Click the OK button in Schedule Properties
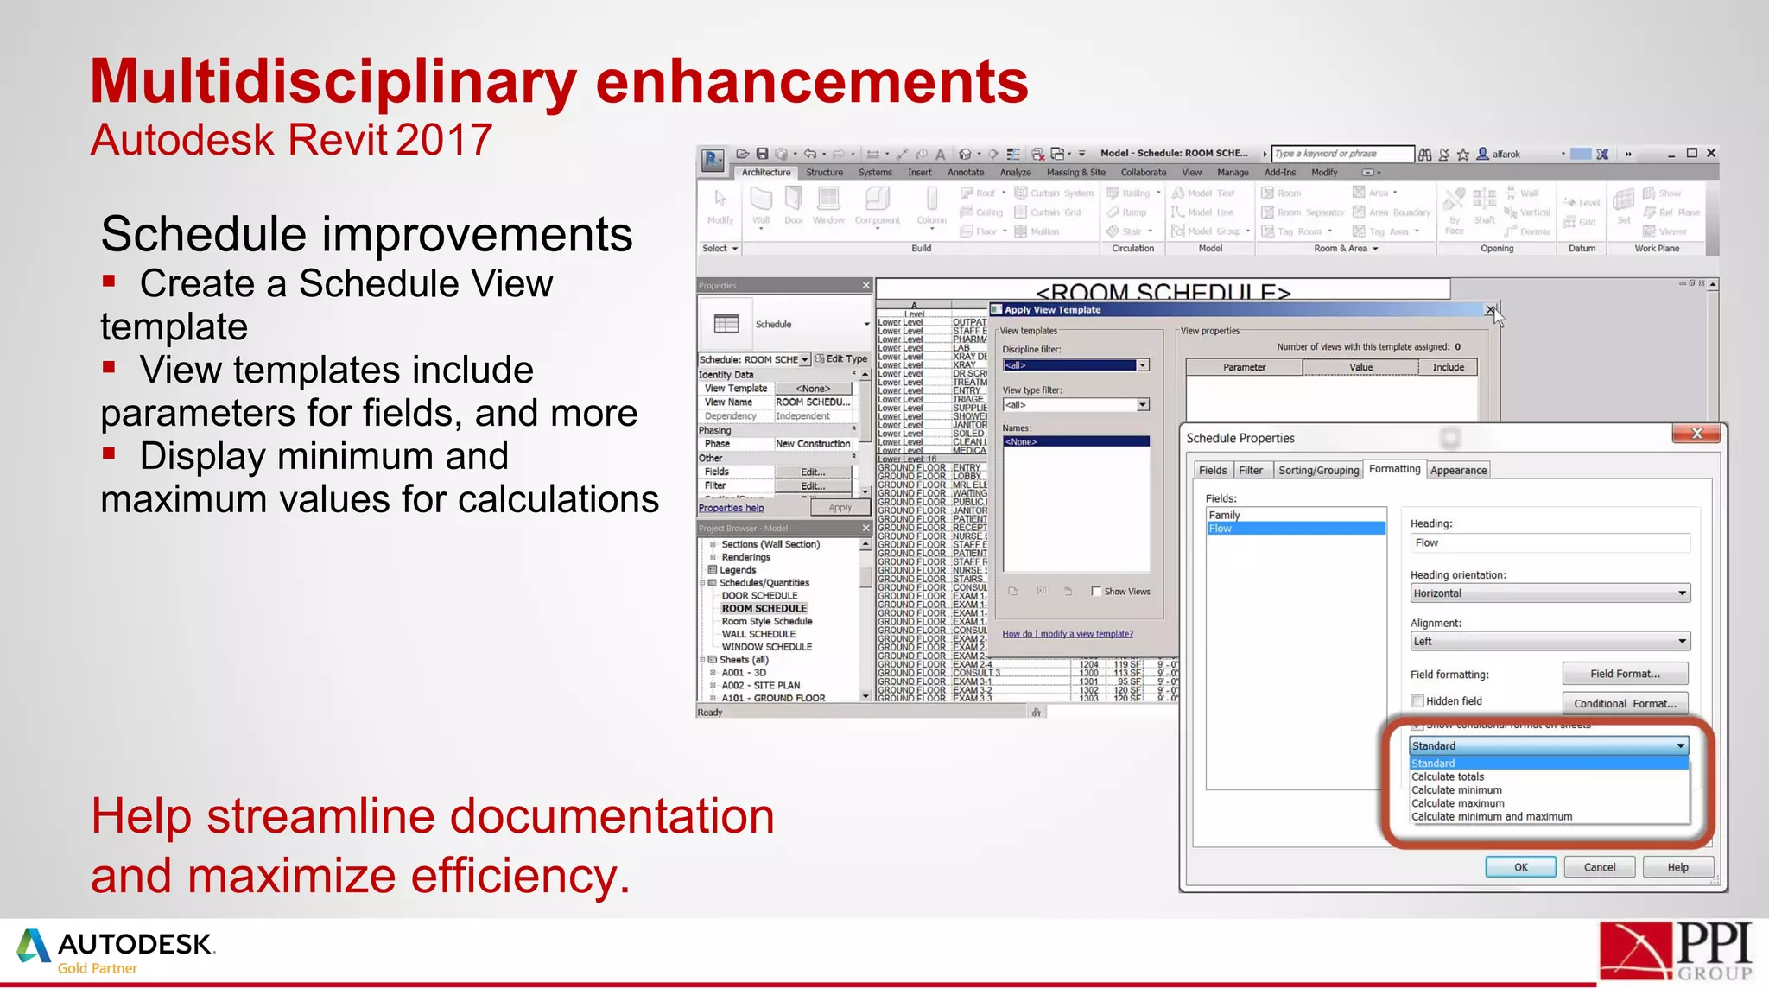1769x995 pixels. [1520, 867]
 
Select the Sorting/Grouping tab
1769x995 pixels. [1318, 470]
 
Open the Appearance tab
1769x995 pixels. [1458, 470]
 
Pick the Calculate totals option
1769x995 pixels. [1448, 776]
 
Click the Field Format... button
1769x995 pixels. [1625, 674]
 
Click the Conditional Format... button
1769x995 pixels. [1625, 703]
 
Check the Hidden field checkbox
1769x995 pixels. [1417, 700]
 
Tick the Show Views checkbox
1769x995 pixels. [1096, 592]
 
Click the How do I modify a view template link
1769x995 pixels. [1068, 634]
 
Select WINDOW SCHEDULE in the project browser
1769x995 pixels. [766, 647]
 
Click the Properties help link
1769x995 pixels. [731, 508]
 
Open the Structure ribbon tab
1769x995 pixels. [824, 173]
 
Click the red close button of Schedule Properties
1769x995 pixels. [1696, 434]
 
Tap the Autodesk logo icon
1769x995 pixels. [34, 946]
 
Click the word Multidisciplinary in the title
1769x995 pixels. [333, 82]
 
